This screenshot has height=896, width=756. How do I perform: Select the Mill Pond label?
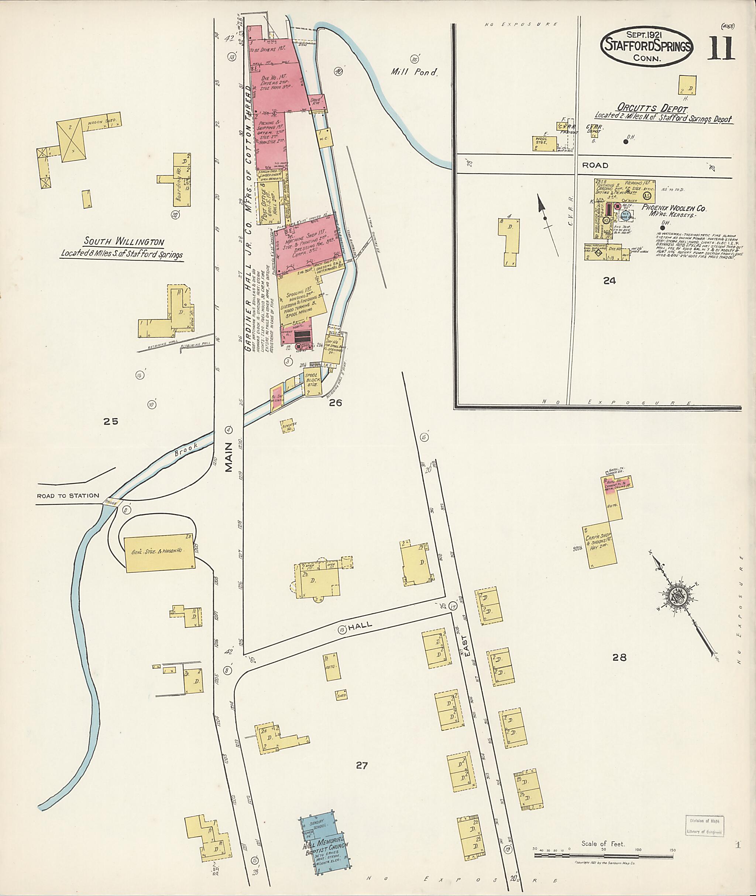[414, 72]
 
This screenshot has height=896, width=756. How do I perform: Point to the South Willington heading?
[124, 242]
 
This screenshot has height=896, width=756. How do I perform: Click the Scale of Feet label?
[602, 843]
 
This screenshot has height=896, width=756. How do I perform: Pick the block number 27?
[361, 765]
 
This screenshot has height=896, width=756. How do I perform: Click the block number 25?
[111, 422]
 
